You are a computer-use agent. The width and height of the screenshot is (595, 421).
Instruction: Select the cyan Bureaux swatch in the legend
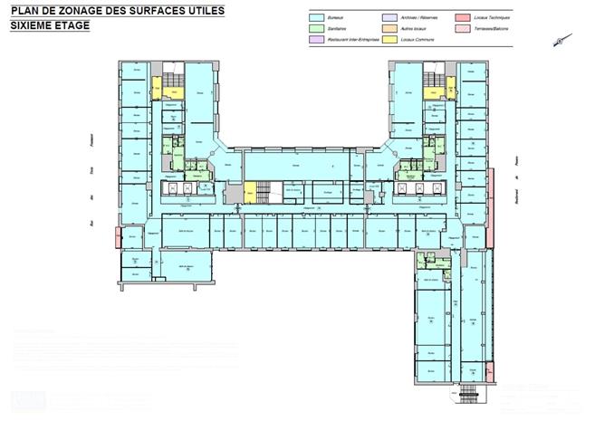point(316,17)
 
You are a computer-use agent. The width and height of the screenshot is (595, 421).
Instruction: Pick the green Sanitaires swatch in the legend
point(316,29)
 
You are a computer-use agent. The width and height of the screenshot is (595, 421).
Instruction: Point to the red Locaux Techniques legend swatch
point(462,17)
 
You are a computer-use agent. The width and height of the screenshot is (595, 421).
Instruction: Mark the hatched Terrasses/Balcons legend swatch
point(462,29)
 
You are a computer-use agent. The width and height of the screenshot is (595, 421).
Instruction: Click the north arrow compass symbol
point(562,38)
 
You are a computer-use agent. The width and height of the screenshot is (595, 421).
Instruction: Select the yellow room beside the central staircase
point(250,192)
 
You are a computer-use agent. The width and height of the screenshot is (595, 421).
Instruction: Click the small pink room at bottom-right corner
point(489,370)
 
